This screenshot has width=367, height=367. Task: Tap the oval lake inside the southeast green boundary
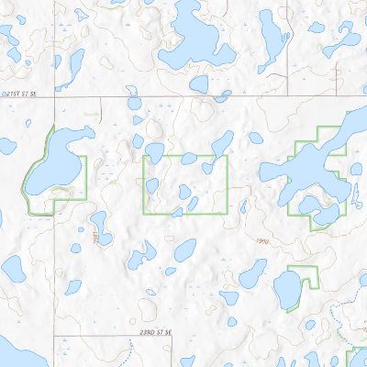click(287, 291)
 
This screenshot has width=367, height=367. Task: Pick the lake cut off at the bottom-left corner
click(14, 353)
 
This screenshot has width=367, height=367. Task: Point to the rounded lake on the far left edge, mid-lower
click(13, 269)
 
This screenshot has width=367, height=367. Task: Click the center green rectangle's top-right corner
click(227, 156)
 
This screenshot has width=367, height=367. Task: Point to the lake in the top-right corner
click(343, 37)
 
